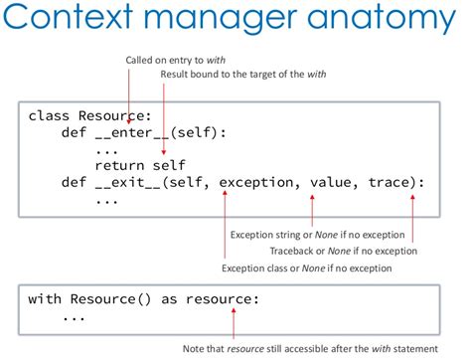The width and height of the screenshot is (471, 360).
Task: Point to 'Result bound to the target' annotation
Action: [x=243, y=75]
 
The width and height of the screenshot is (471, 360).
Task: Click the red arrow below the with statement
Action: [x=235, y=324]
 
